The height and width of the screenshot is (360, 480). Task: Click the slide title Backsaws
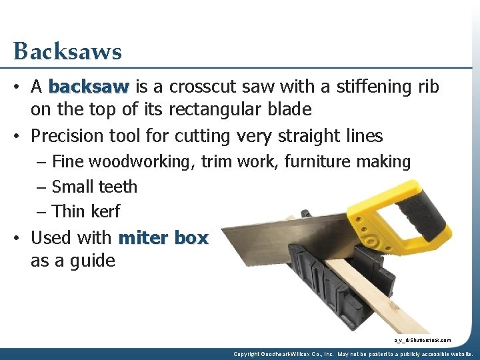67,51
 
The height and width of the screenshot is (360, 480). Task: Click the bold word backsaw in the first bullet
89,87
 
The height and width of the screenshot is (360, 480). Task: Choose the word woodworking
152,162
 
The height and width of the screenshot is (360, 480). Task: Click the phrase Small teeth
94,187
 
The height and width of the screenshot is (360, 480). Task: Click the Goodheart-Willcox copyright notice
353,354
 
